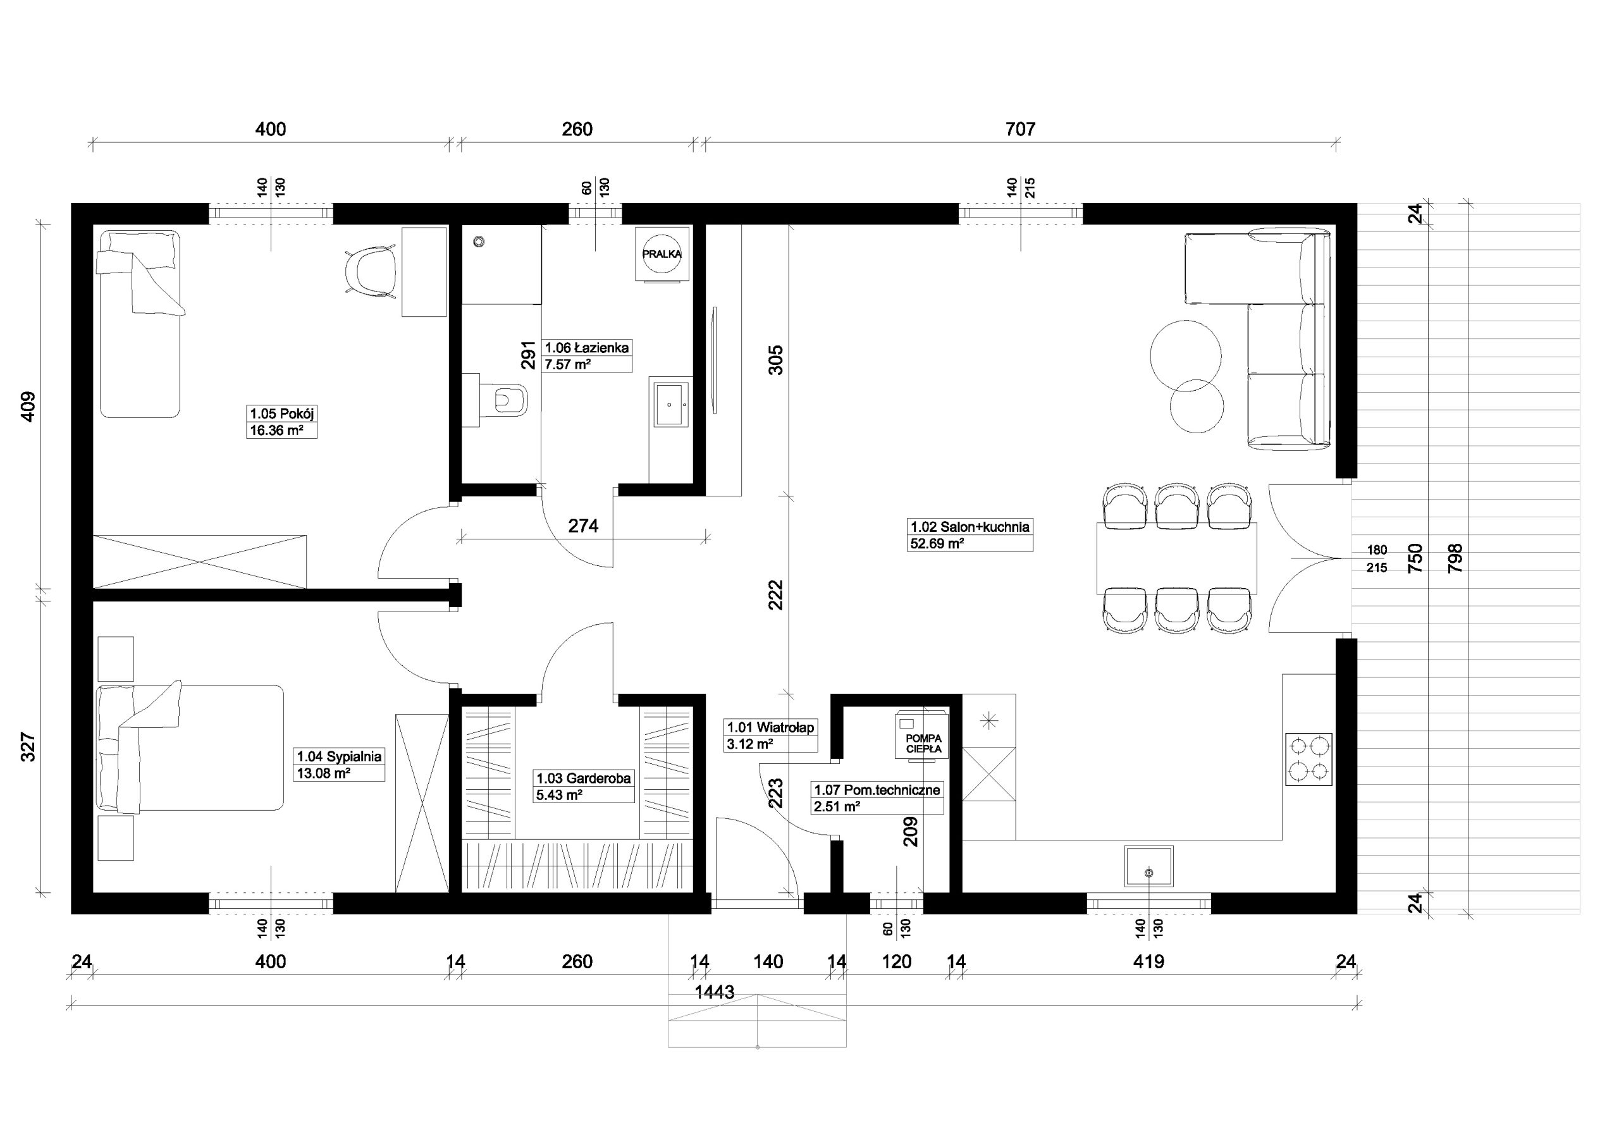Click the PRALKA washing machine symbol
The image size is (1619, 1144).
pos(662,254)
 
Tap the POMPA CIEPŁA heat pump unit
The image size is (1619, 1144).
pos(922,736)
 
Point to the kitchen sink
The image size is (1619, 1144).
pos(1149,866)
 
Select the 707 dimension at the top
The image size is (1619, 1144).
pos(1020,129)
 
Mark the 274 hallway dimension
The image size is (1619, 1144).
pos(583,526)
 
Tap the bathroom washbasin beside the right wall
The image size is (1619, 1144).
pos(670,405)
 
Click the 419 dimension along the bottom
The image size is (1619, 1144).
pos(1148,961)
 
